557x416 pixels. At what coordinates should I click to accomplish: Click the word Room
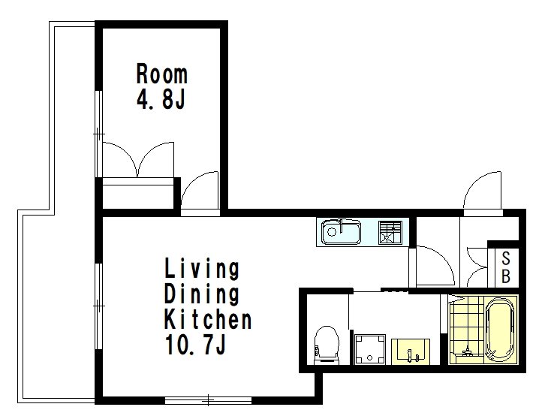(x=162, y=74)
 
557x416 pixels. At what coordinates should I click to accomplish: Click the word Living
(x=202, y=269)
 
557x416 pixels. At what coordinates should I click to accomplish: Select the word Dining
(x=202, y=294)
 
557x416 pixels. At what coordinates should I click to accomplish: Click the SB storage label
(x=506, y=267)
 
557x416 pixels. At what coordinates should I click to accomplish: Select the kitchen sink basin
(x=341, y=232)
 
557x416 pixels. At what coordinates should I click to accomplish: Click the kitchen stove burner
(x=390, y=232)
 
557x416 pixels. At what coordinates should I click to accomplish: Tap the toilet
(x=327, y=345)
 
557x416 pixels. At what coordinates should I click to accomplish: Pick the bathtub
(x=500, y=330)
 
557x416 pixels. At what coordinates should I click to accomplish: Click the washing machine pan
(x=370, y=349)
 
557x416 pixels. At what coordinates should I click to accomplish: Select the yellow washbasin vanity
(x=411, y=351)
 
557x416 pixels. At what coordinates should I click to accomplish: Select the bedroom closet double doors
(x=138, y=159)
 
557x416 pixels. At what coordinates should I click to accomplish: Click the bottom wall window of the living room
(x=208, y=400)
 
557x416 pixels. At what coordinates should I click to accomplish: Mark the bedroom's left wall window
(x=99, y=134)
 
